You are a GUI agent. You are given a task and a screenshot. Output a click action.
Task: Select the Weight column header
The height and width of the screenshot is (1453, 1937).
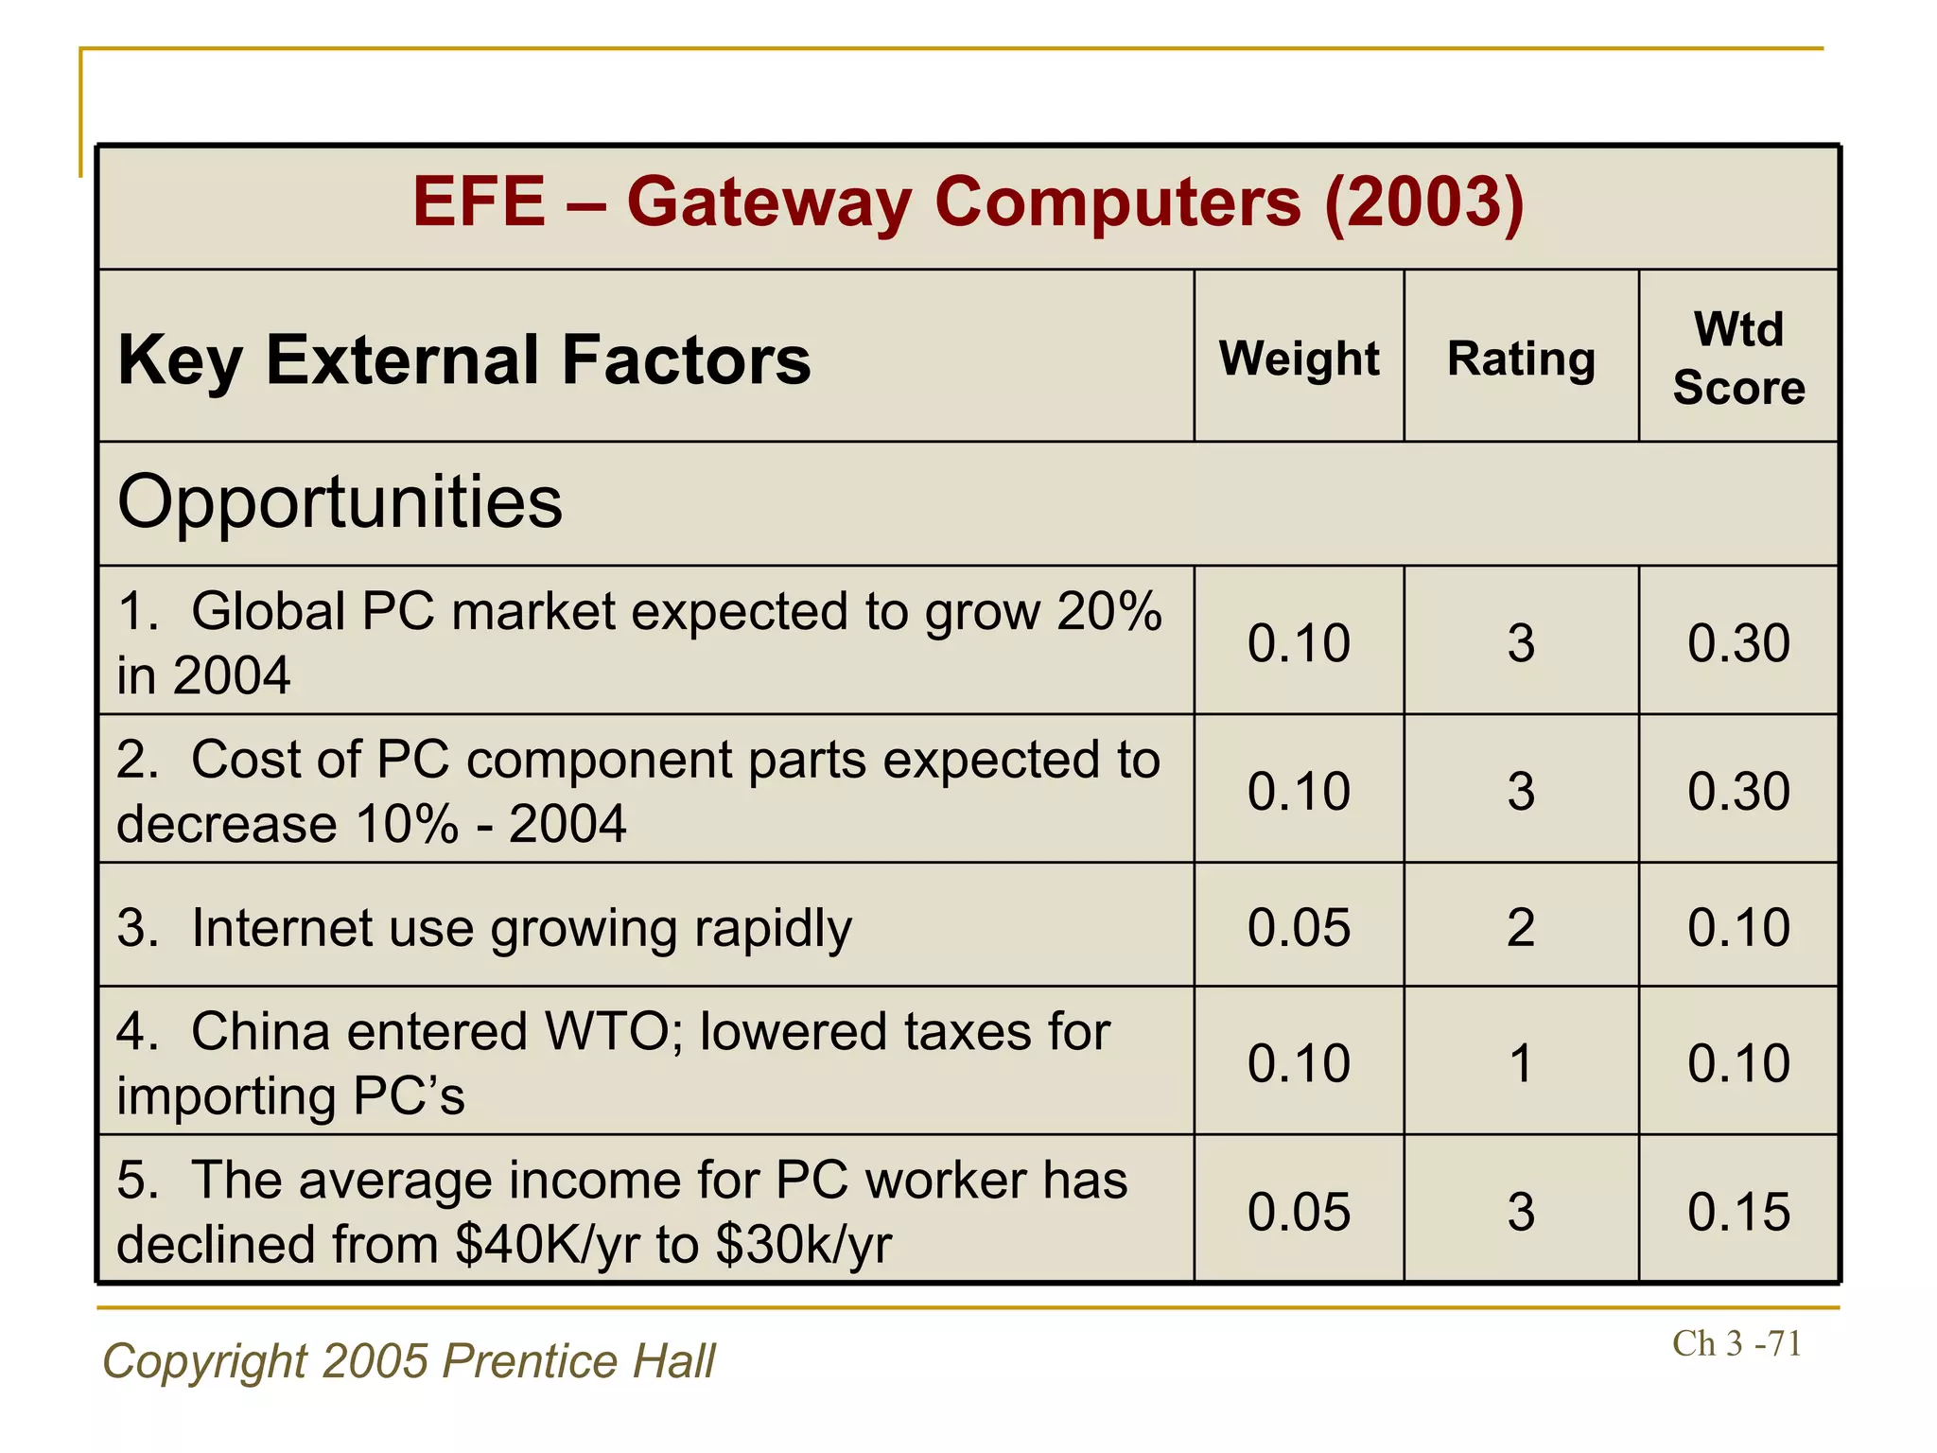click(1299, 359)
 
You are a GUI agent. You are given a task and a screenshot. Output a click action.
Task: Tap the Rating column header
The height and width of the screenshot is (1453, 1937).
click(1521, 359)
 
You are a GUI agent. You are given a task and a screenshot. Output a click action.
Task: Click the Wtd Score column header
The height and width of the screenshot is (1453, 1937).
click(1738, 359)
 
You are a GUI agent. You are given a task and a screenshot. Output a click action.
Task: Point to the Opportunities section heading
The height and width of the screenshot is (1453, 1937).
click(340, 502)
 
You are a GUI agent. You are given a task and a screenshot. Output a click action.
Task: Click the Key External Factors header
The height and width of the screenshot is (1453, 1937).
click(463, 360)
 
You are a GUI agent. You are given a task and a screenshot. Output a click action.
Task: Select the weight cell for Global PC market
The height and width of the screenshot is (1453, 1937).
click(1299, 643)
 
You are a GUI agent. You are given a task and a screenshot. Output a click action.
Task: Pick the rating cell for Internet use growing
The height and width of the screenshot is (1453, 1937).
click(1521, 927)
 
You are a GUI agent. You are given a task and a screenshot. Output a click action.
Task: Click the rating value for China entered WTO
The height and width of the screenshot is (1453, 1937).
click(1521, 1063)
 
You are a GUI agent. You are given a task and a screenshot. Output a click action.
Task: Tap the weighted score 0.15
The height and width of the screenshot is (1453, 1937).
click(1738, 1212)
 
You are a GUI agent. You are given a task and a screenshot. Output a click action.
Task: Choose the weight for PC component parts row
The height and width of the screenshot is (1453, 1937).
click(1299, 791)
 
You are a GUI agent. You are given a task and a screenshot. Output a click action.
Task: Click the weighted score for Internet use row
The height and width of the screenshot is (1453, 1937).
click(1738, 927)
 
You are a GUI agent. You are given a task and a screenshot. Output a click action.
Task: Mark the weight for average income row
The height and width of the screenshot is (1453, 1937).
click(1299, 1212)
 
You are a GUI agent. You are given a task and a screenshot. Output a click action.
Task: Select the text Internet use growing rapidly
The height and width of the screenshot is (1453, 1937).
click(521, 928)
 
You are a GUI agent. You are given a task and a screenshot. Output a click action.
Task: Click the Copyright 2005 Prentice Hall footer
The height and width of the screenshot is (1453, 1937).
click(409, 1361)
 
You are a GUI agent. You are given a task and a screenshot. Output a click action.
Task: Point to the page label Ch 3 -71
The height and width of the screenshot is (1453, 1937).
click(1736, 1343)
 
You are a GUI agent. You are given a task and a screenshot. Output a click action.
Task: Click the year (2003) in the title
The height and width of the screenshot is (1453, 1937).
click(1423, 202)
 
